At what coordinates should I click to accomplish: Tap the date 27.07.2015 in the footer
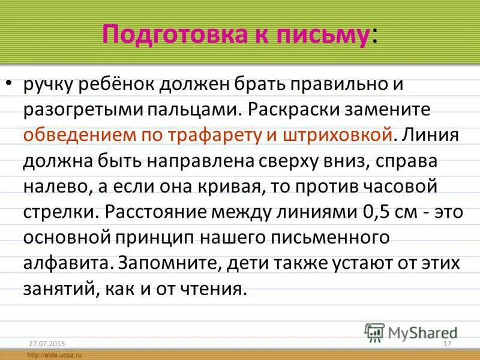point(46,343)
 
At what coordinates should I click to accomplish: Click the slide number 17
point(446,343)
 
